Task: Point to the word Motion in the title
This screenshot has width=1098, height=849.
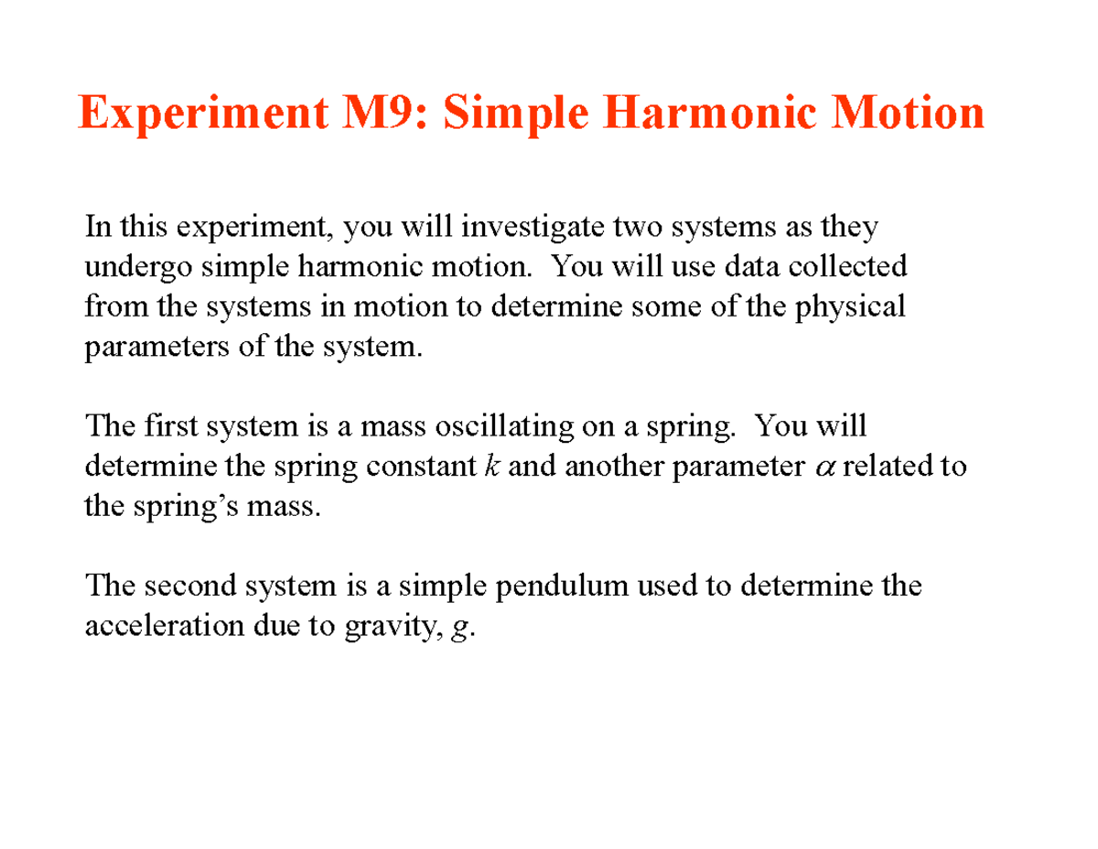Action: click(901, 114)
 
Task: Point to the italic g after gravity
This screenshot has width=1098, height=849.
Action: click(459, 629)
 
